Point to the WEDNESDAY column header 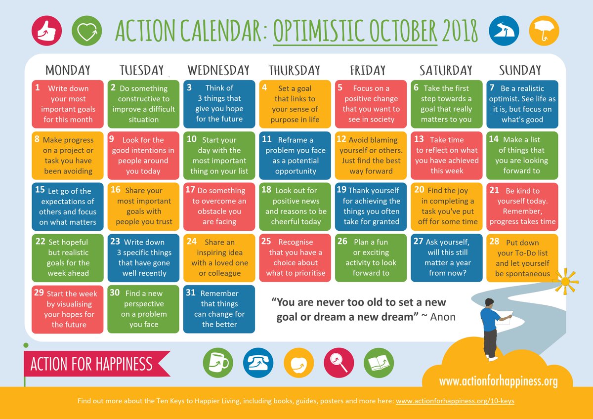pos(218,70)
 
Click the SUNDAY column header pos(520,70)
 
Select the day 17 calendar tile pos(219,206)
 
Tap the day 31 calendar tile pos(219,309)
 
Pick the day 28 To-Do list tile pos(522,258)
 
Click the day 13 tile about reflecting pos(447,155)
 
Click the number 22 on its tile pos(41,242)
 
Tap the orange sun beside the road pos(564,281)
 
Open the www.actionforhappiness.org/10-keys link pos(455,401)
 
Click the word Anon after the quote pos(443,317)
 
